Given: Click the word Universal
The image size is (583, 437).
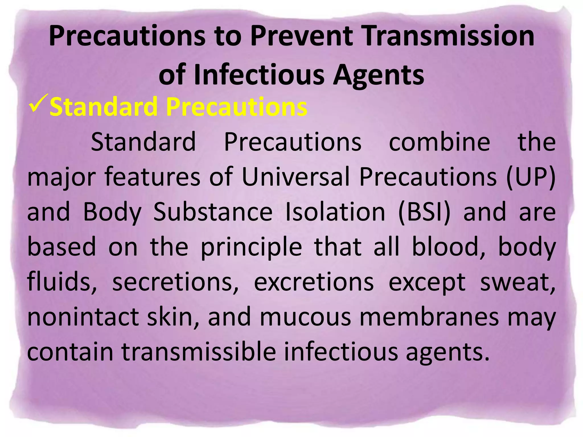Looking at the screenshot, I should pyautogui.click(x=296, y=177).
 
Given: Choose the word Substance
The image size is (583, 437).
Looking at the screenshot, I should pyautogui.click(x=213, y=212).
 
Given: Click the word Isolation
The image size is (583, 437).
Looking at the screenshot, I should pyautogui.click(x=335, y=212).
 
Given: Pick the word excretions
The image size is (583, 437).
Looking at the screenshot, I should pyautogui.click(x=314, y=282).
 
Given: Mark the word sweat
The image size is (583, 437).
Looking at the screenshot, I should pyautogui.click(x=518, y=282).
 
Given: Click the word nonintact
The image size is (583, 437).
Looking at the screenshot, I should pyautogui.click(x=83, y=317).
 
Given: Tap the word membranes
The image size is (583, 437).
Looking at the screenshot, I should pyautogui.click(x=429, y=317).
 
